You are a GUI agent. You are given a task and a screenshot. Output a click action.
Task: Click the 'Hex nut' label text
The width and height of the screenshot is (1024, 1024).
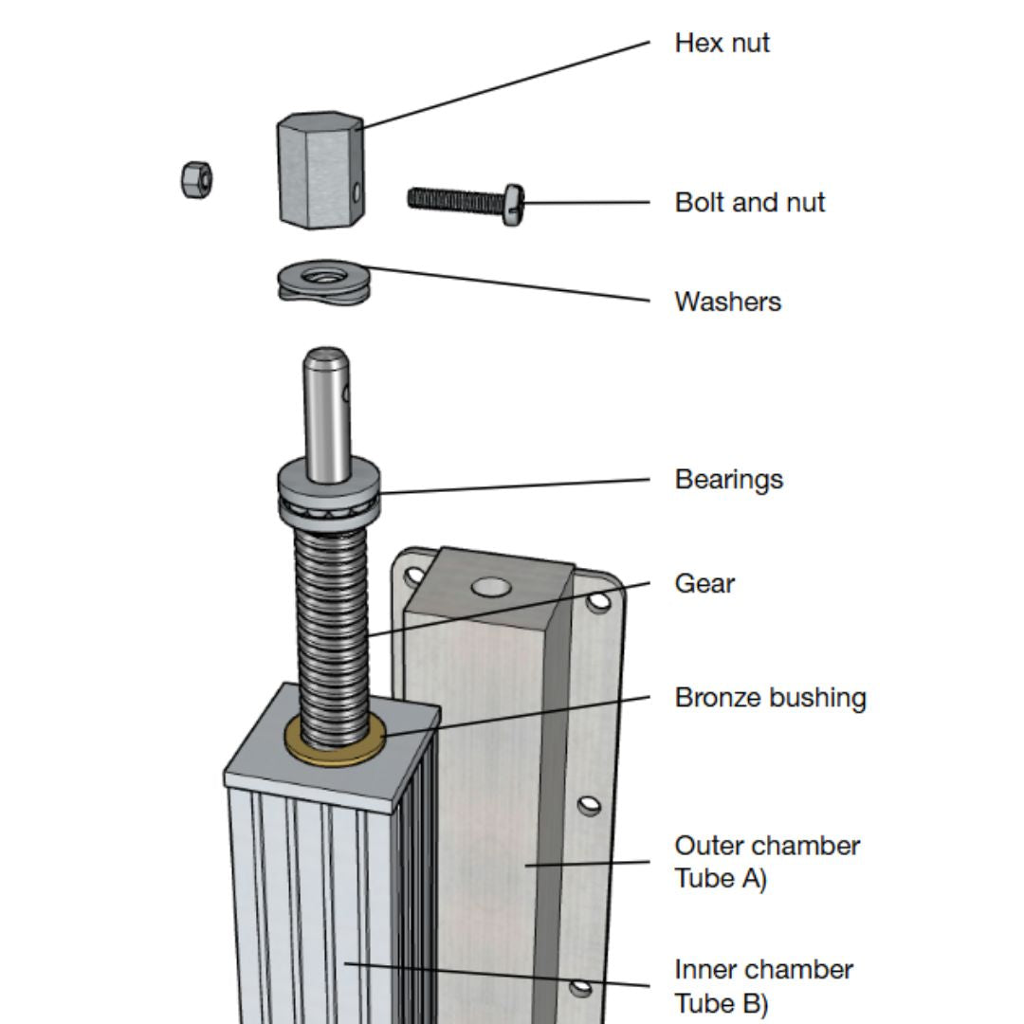point(722,43)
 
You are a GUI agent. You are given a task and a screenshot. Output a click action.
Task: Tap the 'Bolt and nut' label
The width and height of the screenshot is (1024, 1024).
point(749,202)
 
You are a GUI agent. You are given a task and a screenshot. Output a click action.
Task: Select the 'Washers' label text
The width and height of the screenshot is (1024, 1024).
point(727,302)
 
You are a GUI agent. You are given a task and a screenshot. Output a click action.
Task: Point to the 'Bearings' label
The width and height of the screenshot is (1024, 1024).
point(728,479)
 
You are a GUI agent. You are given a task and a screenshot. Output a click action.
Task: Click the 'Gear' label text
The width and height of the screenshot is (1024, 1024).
point(704,583)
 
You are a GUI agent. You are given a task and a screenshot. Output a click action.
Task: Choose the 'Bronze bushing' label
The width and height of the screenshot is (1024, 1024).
point(770,698)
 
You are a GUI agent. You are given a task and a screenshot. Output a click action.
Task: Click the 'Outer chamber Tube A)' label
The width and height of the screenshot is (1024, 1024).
point(766,861)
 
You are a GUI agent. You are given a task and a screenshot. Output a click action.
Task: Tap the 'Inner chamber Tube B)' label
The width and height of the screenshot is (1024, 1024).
point(763,986)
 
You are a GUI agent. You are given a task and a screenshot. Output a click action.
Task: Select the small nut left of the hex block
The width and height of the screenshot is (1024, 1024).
point(196,179)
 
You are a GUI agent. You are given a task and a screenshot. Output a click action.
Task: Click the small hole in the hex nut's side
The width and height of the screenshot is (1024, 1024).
point(356,192)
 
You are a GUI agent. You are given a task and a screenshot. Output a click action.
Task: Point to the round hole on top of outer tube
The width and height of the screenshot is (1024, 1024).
point(491,588)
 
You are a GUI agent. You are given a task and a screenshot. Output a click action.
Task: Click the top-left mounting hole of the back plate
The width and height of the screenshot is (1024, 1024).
point(414,575)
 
